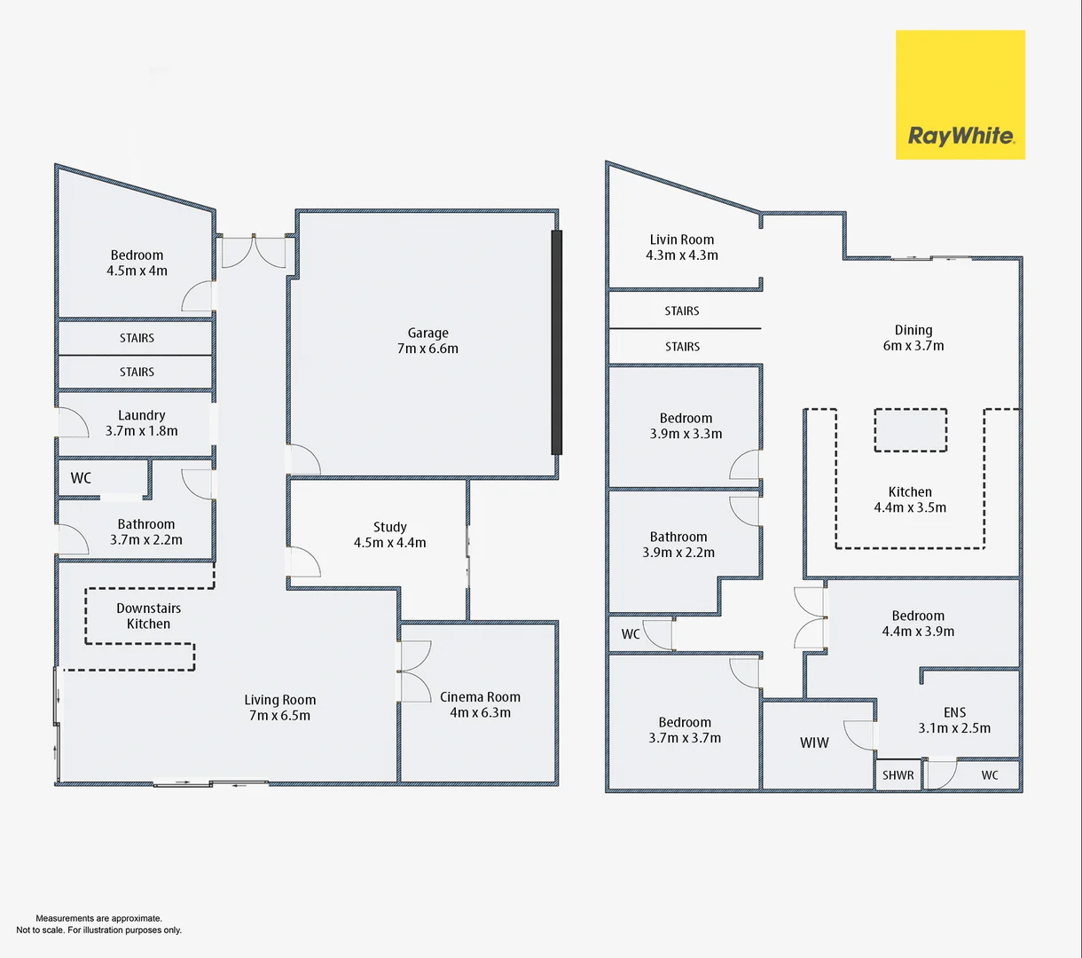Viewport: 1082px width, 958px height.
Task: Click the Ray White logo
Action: (960, 95)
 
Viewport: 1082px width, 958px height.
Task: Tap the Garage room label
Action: (427, 341)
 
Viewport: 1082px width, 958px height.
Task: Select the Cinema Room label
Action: (480, 704)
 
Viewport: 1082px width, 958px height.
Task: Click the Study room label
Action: (390, 535)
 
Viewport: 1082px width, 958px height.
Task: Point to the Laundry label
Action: (141, 423)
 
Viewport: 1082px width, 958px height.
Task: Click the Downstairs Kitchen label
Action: (148, 616)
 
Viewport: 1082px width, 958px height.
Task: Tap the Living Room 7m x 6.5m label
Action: (279, 708)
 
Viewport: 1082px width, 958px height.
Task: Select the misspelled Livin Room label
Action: (681, 247)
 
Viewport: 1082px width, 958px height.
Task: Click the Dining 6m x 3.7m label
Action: (913, 338)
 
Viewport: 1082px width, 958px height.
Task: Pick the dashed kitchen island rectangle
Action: (911, 430)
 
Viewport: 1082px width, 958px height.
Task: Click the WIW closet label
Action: (814, 742)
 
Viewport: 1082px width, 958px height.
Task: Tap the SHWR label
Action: (898, 775)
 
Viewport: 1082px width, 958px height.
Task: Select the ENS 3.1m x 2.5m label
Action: (954, 720)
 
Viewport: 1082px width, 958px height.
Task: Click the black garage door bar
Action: (557, 342)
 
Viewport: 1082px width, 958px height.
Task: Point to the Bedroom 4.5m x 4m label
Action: (137, 263)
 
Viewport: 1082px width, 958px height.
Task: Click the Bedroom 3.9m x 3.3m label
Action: (686, 426)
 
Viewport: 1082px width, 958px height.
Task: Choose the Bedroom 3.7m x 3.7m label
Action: (685, 730)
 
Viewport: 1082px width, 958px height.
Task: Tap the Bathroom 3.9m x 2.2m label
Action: (678, 545)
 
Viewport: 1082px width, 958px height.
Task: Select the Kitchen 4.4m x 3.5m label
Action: (910, 499)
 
